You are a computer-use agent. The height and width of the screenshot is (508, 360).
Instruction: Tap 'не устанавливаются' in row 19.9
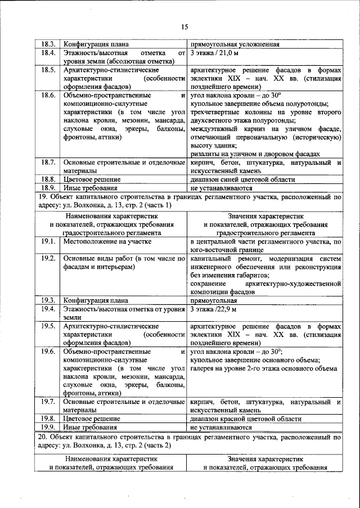pos(221,428)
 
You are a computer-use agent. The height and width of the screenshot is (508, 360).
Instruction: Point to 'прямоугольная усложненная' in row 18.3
pos(236,44)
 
